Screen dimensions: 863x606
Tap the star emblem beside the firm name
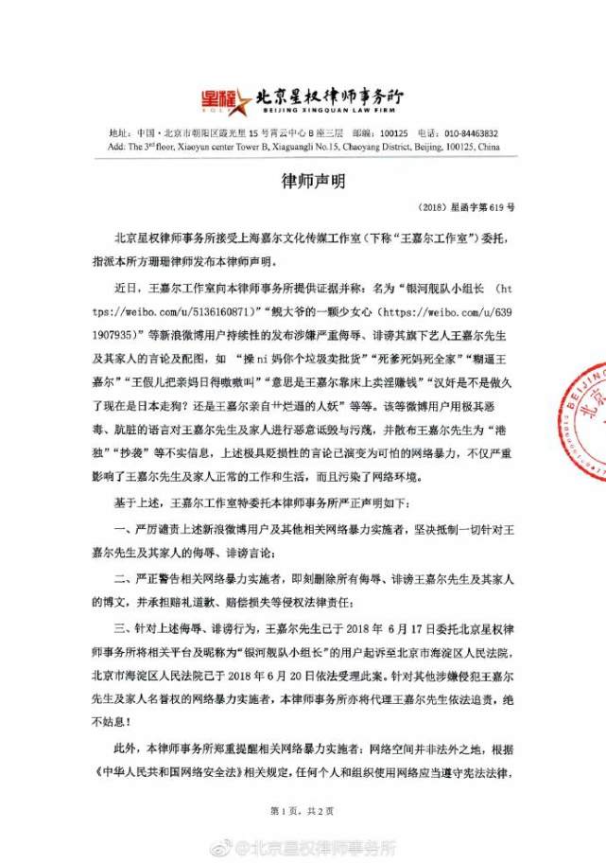tap(244, 98)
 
